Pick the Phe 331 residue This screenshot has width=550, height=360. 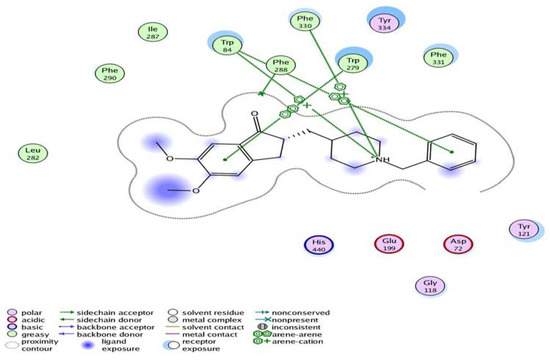(x=437, y=57)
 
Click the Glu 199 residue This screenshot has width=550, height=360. (x=390, y=246)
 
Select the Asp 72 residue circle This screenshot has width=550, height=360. (x=458, y=246)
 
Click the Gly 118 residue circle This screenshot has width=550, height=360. (x=430, y=287)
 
